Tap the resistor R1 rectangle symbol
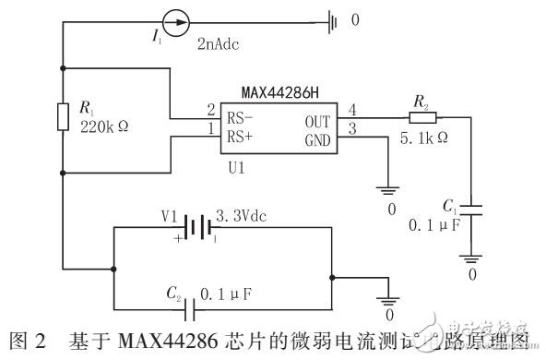62,118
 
